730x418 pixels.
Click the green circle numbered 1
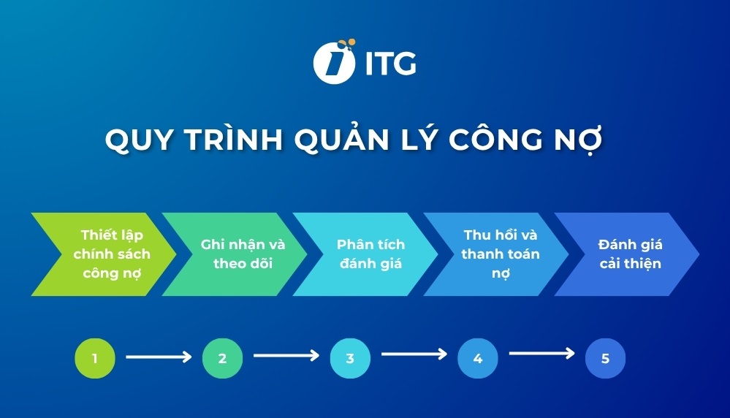click(95, 358)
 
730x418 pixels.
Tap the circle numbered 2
click(222, 358)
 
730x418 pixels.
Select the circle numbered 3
click(350, 358)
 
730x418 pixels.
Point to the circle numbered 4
click(478, 358)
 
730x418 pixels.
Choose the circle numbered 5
click(605, 358)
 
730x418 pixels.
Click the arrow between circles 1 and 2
click(159, 357)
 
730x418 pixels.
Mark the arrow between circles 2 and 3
click(286, 356)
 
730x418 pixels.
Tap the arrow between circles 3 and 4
click(414, 354)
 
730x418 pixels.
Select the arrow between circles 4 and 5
click(542, 354)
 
